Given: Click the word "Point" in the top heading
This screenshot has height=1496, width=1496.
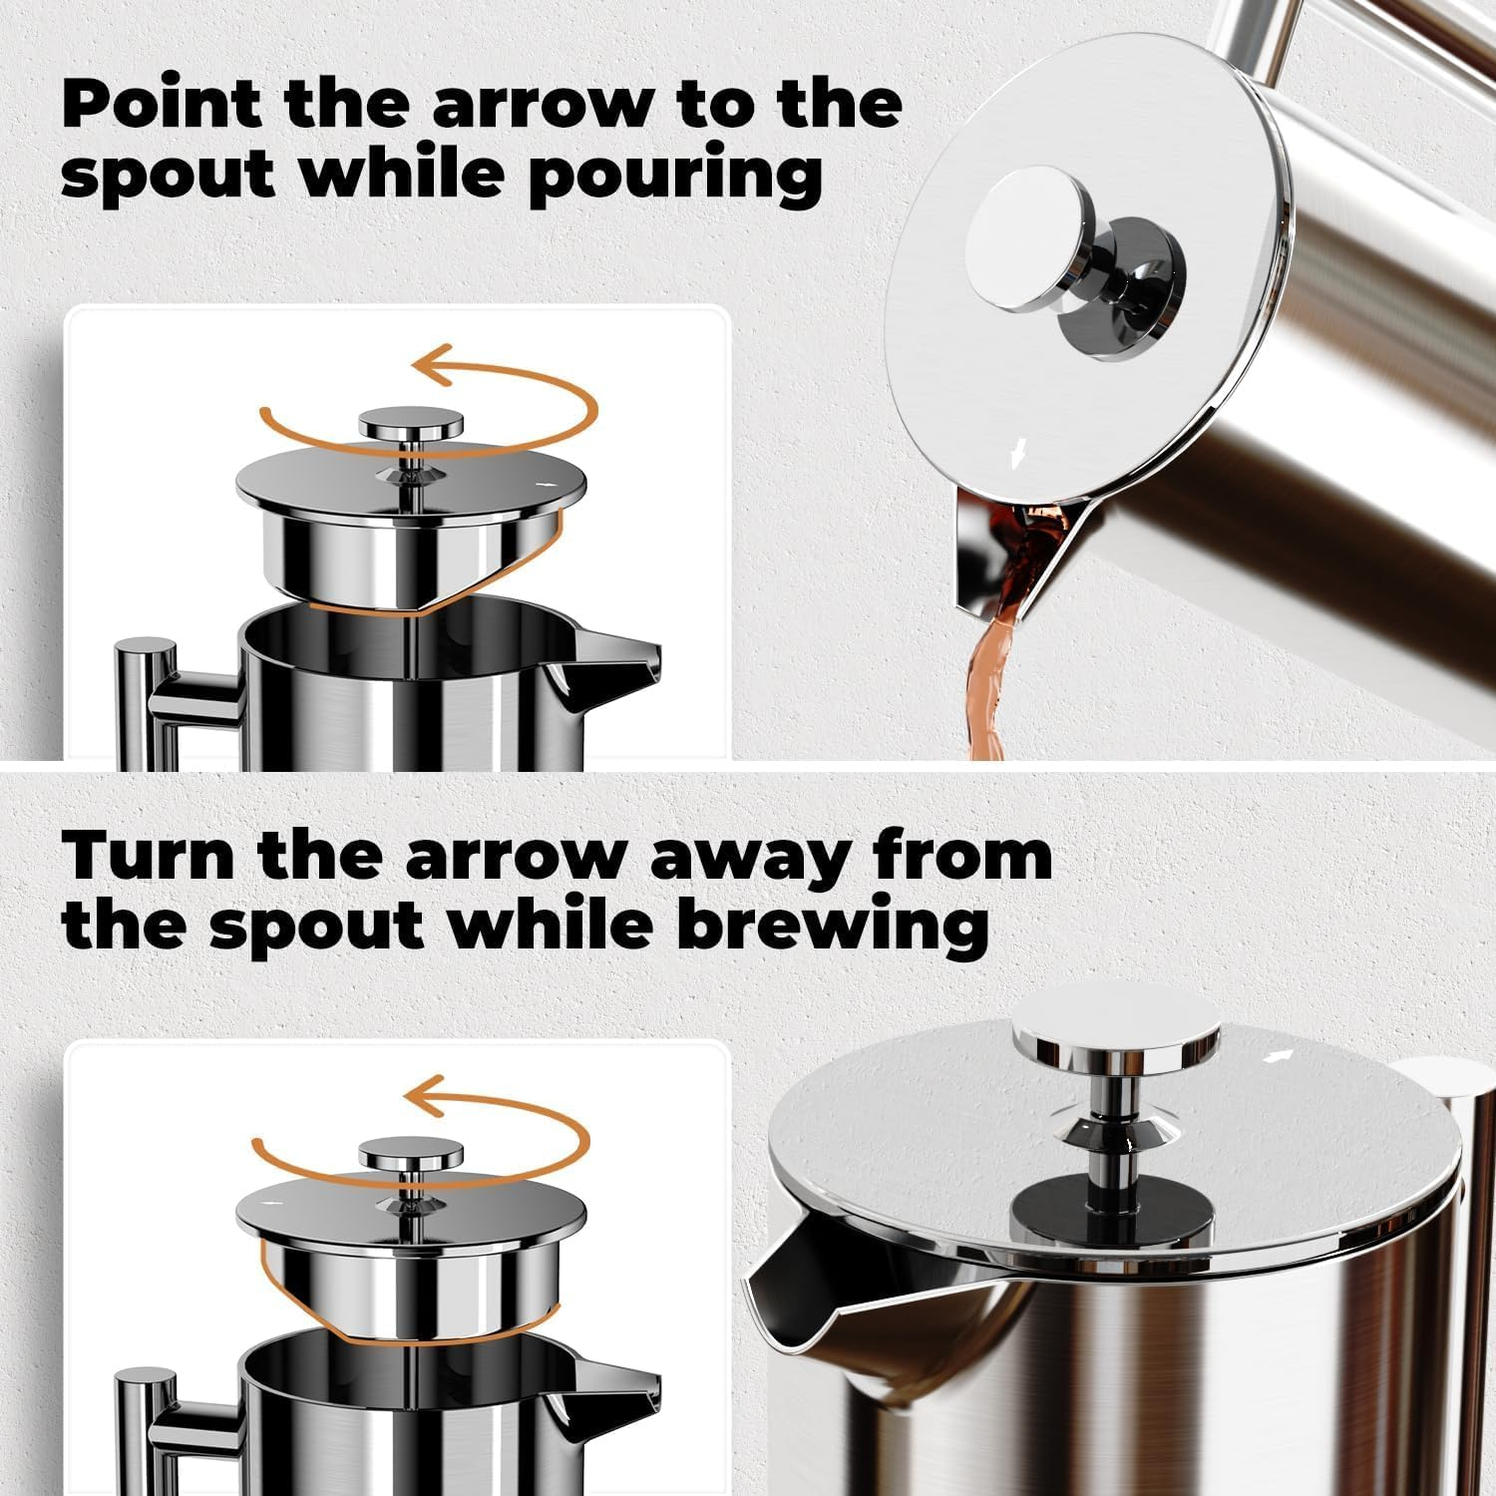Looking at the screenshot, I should (x=162, y=103).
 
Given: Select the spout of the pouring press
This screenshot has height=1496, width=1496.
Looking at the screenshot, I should (x=1007, y=549).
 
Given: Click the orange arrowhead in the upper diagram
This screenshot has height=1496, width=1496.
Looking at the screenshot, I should (x=431, y=365).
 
